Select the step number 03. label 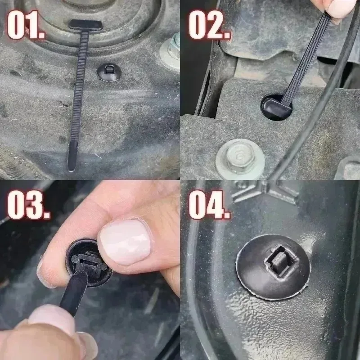(x=27, y=205)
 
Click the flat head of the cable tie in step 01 (x=85, y=25)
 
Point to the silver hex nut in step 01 (x=171, y=49)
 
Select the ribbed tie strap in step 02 (x=306, y=54)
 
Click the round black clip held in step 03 (x=88, y=263)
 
